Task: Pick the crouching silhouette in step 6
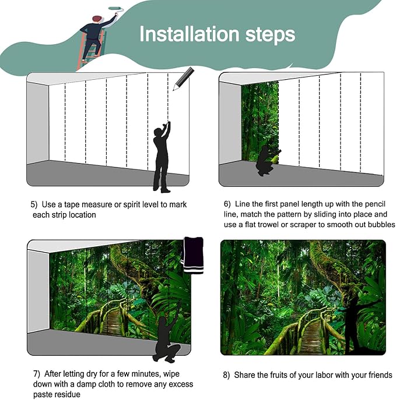pos(267,159)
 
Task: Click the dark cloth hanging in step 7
pos(193,255)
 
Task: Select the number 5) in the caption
pos(34,205)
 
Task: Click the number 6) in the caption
pos(227,204)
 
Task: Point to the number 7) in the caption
pos(36,374)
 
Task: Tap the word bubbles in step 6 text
pos(381,224)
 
